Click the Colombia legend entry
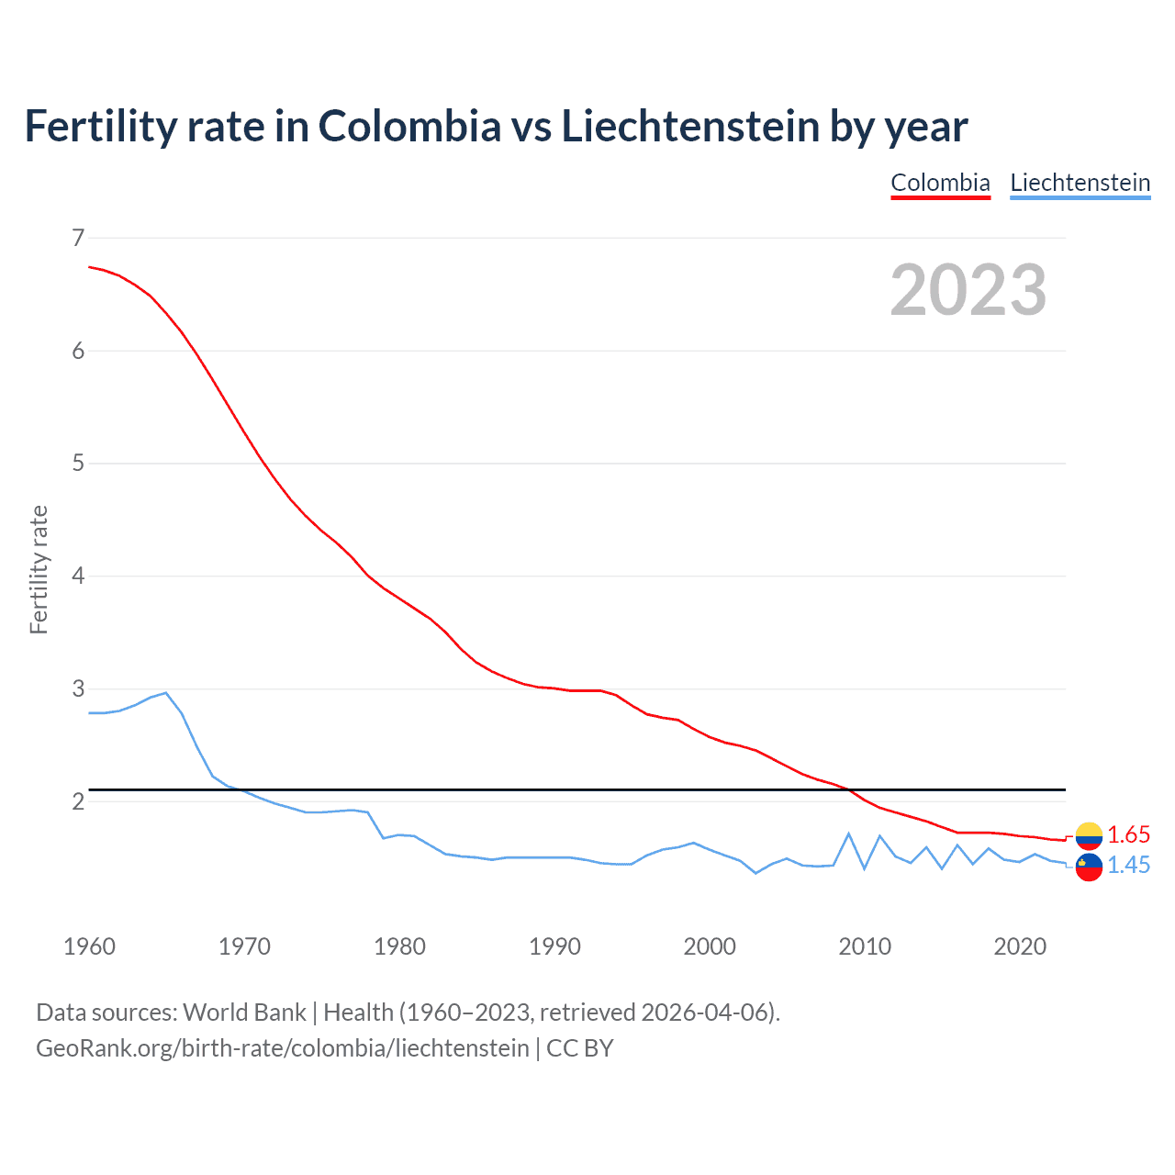(940, 183)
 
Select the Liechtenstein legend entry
(1080, 183)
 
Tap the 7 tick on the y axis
(77, 239)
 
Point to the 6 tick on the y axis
(77, 351)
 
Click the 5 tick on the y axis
(77, 464)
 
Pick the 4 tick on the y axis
(77, 576)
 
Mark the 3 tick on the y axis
(77, 688)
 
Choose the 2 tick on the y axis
(77, 801)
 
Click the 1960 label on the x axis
(89, 946)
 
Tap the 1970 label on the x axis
(244, 946)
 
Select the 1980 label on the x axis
(399, 946)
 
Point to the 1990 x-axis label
(554, 946)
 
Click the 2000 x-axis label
(710, 946)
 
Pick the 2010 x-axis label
(865, 946)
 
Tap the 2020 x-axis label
(1020, 946)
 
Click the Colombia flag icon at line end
(1089, 835)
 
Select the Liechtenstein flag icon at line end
(1089, 867)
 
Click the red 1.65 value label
(1128, 834)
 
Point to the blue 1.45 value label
(1128, 866)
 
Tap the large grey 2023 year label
(968, 290)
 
